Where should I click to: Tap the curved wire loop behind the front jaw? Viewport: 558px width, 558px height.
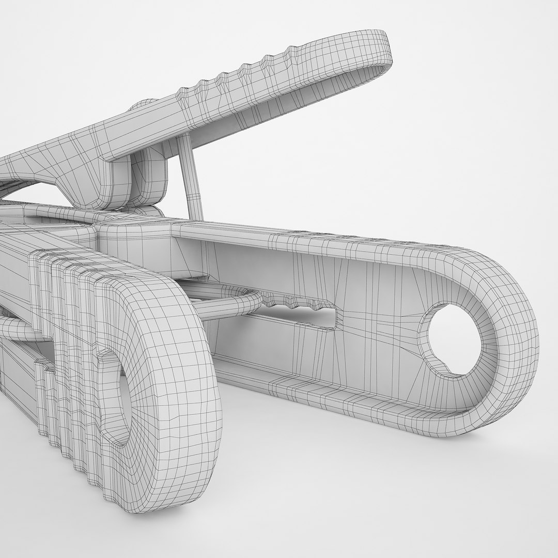[x=227, y=305]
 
